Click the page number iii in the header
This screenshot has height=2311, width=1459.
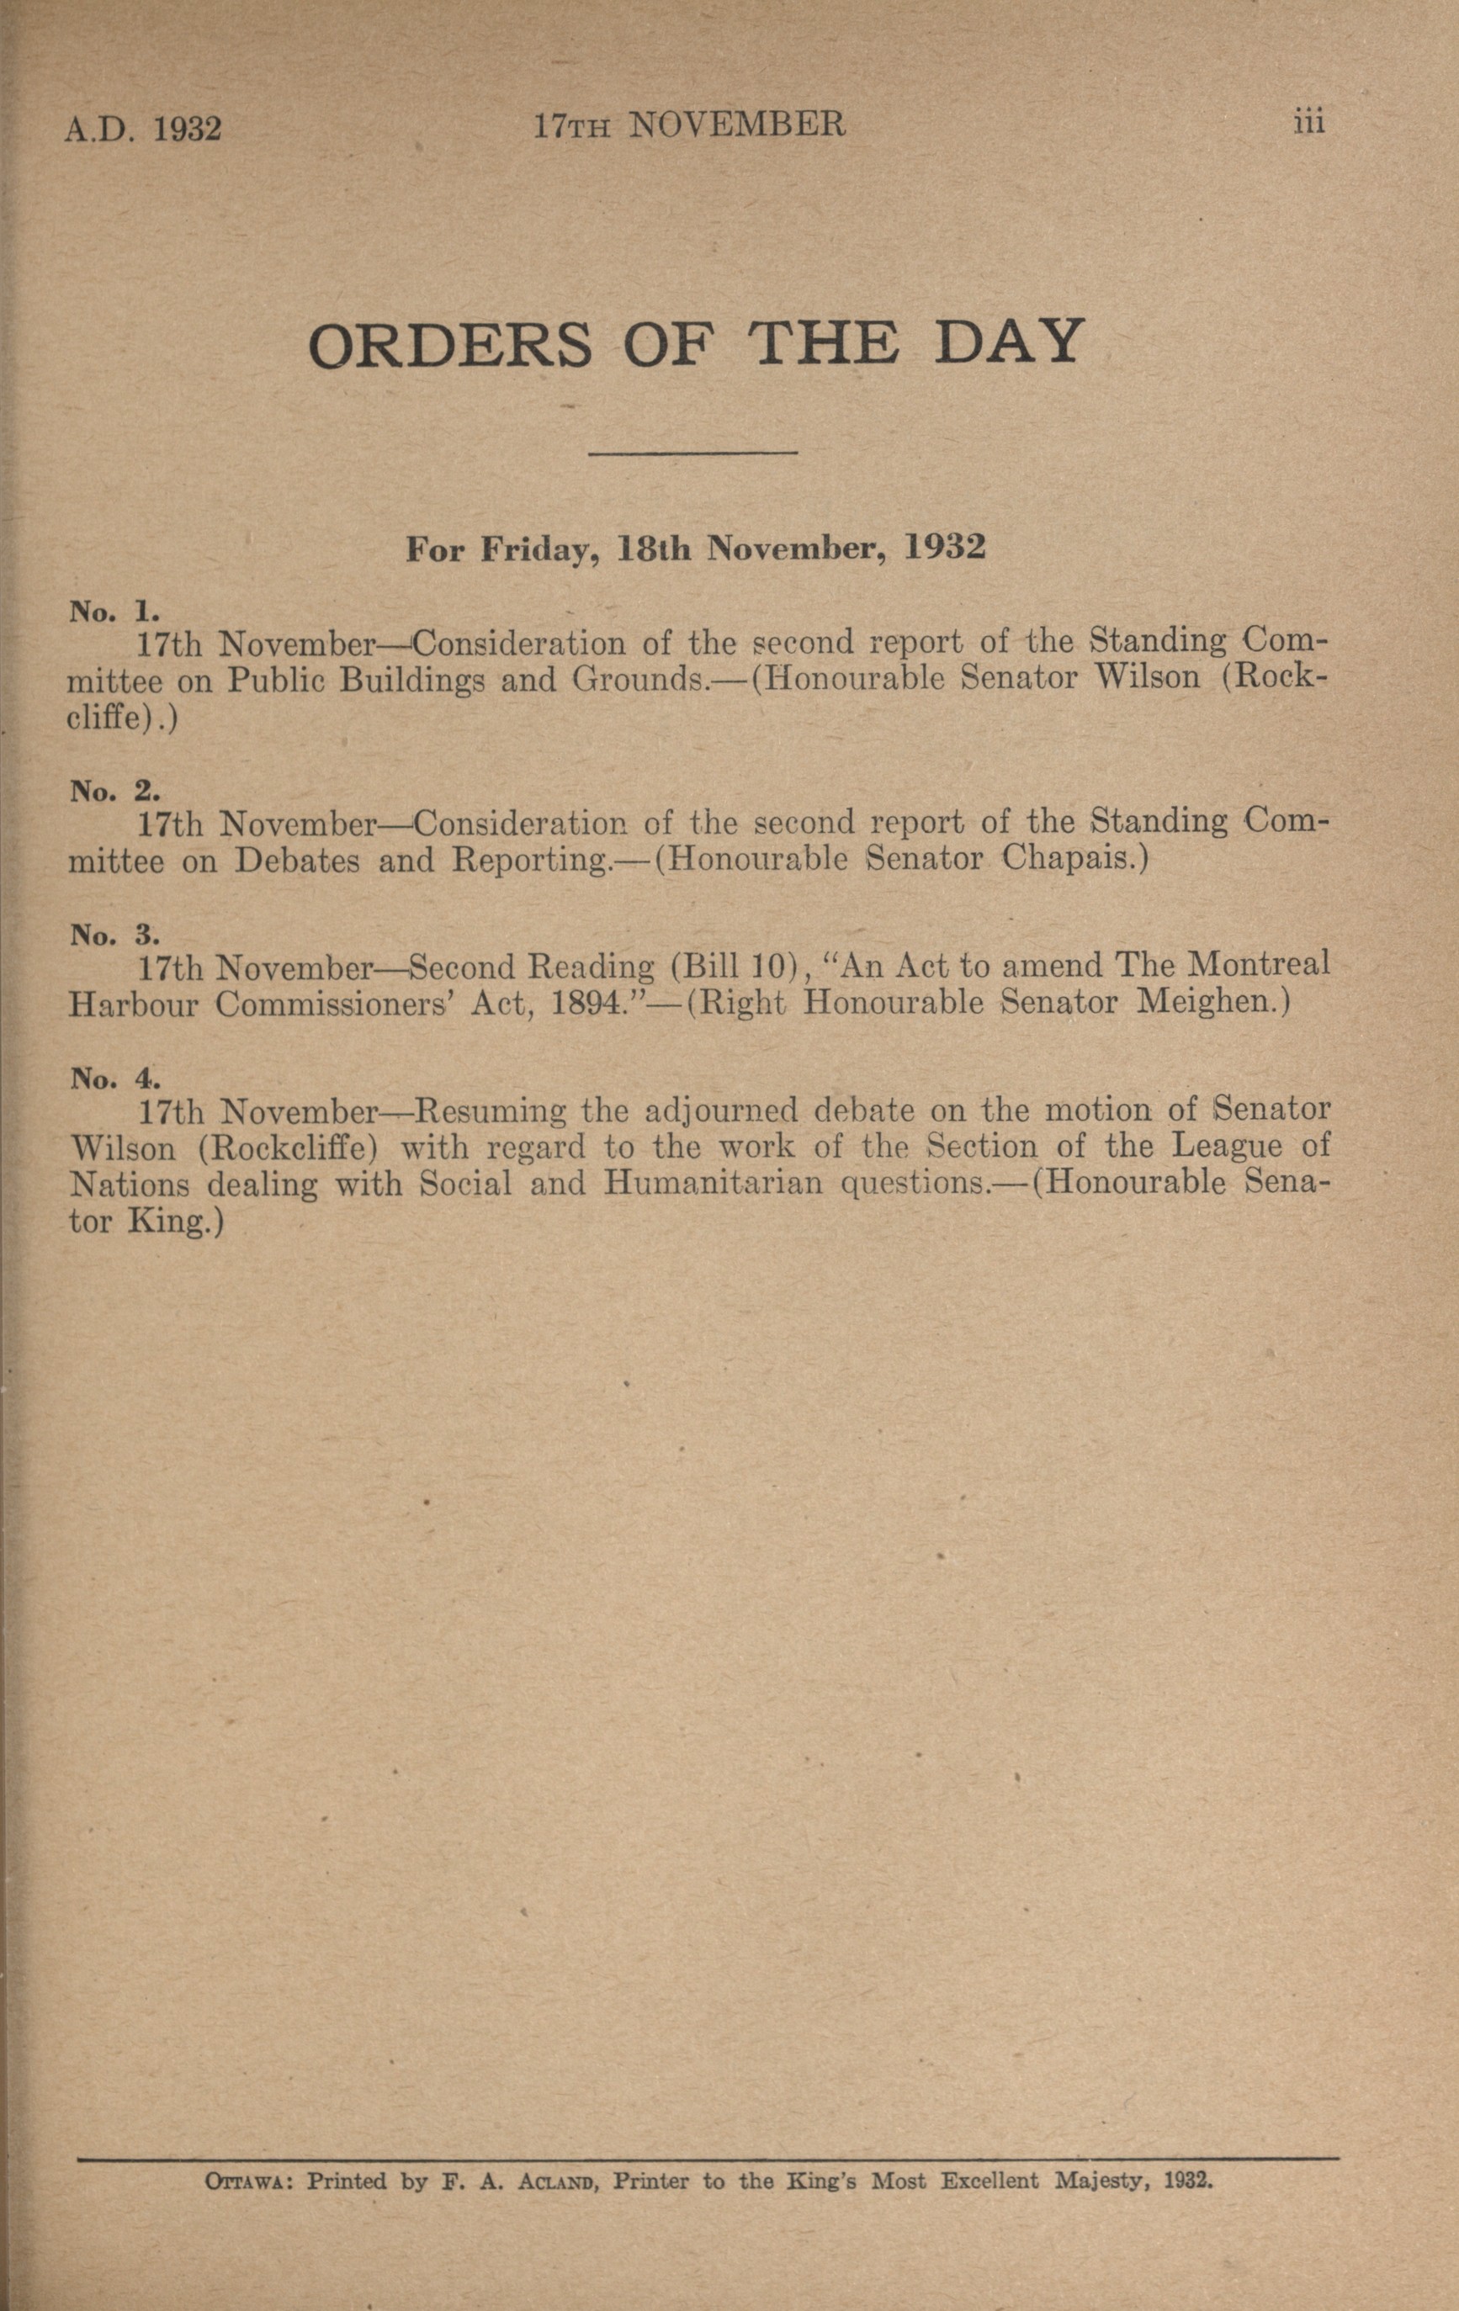click(x=1308, y=124)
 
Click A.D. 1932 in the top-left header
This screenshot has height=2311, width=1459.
click(x=143, y=129)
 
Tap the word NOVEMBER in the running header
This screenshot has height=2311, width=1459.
click(x=736, y=125)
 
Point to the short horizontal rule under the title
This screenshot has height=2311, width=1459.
click(x=692, y=452)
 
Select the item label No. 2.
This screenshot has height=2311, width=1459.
click(x=114, y=791)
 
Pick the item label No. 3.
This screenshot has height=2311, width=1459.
click(x=114, y=935)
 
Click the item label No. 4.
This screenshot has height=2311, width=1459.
click(x=114, y=1079)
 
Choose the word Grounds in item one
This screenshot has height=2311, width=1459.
click(x=635, y=680)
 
